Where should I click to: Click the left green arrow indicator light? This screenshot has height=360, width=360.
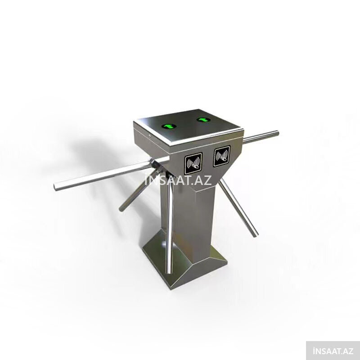coord(169,126)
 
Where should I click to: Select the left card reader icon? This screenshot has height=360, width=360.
coord(193,163)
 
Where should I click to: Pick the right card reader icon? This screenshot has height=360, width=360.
coord(221,156)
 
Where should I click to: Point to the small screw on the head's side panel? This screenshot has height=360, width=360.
coord(149,136)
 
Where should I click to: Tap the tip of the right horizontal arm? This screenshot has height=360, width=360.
coord(277,133)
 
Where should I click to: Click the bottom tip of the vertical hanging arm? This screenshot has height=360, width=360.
coord(170,272)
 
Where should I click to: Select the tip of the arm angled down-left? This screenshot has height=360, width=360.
coord(121,209)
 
